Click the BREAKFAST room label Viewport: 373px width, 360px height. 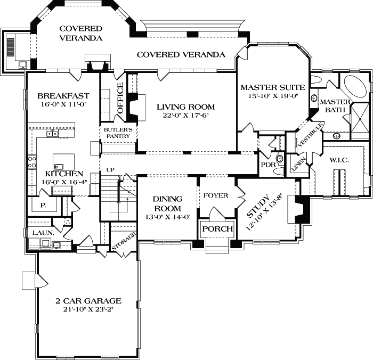63,96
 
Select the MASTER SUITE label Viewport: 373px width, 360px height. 272,87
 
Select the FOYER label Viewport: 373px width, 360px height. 216,195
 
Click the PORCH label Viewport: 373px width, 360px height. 217,229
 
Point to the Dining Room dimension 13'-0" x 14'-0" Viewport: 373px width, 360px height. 167,217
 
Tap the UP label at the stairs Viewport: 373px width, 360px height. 111,169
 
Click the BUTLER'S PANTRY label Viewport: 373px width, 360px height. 118,133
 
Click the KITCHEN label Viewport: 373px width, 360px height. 63,174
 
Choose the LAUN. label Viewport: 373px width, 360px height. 41,233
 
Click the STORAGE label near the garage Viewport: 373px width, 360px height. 123,241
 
